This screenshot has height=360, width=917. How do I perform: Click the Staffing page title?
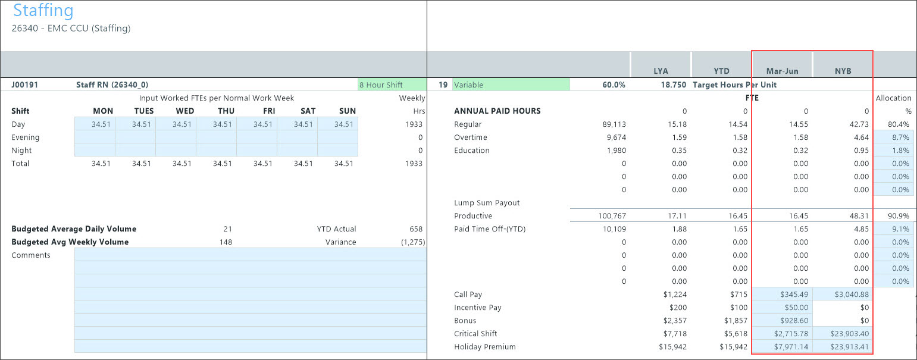pyautogui.click(x=43, y=11)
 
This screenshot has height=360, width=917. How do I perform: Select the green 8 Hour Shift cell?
pyautogui.click(x=392, y=85)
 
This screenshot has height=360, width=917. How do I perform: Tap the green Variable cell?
pyautogui.click(x=511, y=85)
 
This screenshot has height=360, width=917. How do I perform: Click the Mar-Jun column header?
pyautogui.click(x=782, y=71)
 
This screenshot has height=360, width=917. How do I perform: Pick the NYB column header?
pyautogui.click(x=843, y=71)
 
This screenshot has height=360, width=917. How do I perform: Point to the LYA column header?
pyautogui.click(x=661, y=71)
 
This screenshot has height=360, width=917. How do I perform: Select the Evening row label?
pyautogui.click(x=26, y=137)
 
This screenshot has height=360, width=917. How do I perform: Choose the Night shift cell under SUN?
pyautogui.click(x=338, y=151)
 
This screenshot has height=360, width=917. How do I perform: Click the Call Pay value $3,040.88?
pyautogui.click(x=843, y=295)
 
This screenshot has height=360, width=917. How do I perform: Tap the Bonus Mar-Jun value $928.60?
pyautogui.click(x=782, y=321)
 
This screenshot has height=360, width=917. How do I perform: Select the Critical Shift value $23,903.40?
pyautogui.click(x=843, y=334)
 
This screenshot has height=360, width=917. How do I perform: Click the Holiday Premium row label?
pyautogui.click(x=484, y=347)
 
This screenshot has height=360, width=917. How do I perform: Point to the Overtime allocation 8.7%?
pyautogui.click(x=894, y=137)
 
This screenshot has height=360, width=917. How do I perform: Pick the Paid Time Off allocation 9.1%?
pyautogui.click(x=894, y=229)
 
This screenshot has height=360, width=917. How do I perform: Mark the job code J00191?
pyautogui.click(x=25, y=85)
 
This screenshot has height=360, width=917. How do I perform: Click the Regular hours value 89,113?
pyautogui.click(x=614, y=124)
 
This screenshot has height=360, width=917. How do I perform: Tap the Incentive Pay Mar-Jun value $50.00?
pyautogui.click(x=782, y=308)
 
